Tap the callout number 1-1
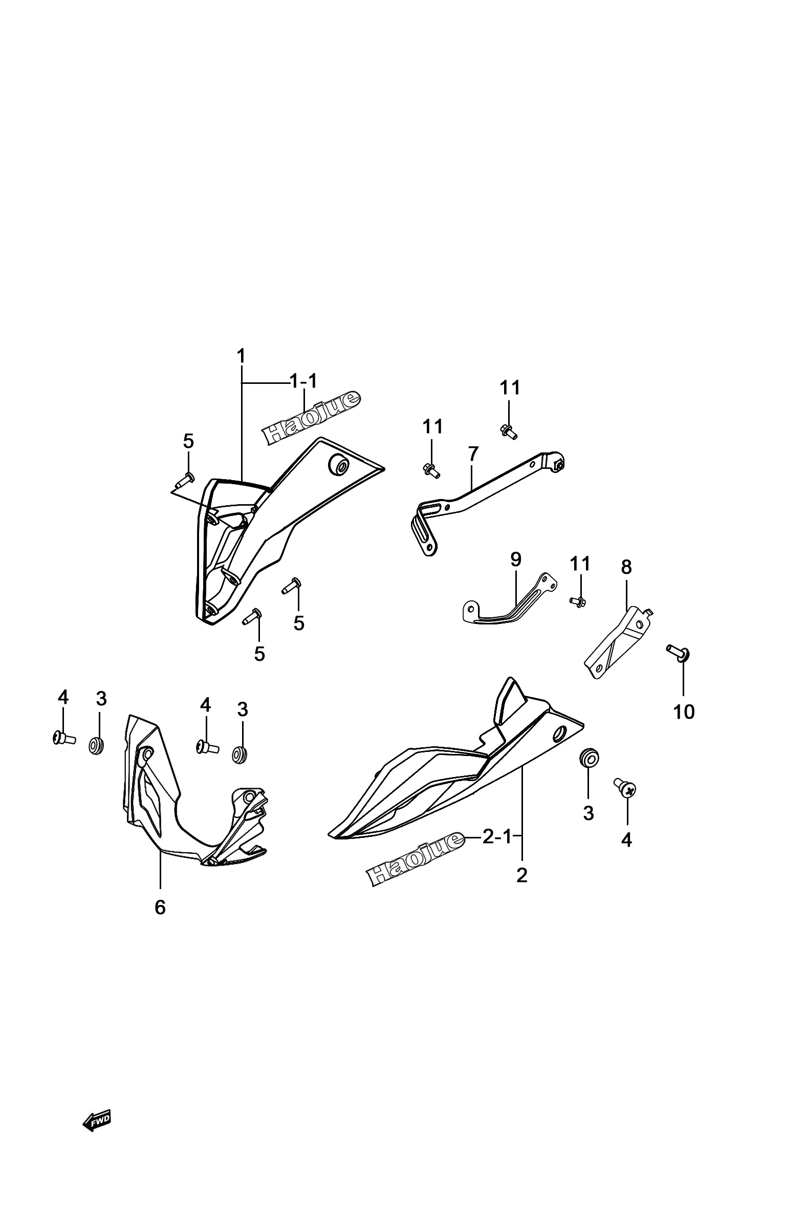click(304, 381)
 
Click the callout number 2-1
click(497, 837)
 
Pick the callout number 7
click(473, 455)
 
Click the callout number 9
click(515, 559)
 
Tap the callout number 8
click(626, 568)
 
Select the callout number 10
click(684, 712)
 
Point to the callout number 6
click(160, 908)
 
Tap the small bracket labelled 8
click(619, 642)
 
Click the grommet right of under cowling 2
click(589, 758)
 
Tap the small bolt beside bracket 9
click(578, 601)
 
